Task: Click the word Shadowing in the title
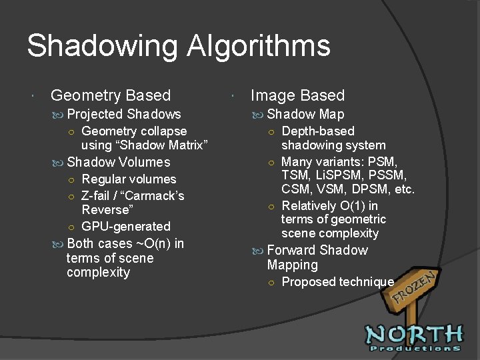[x=103, y=47]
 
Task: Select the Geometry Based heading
[x=111, y=96]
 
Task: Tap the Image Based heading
[x=297, y=96]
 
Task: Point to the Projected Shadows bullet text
[x=124, y=114]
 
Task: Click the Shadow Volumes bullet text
[x=119, y=162]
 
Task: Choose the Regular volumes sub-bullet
[x=129, y=179]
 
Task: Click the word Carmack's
[x=151, y=196]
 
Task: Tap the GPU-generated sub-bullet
[x=126, y=227]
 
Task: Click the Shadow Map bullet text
[x=305, y=114]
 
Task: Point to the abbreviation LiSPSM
[x=337, y=175]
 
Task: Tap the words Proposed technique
[x=337, y=282]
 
